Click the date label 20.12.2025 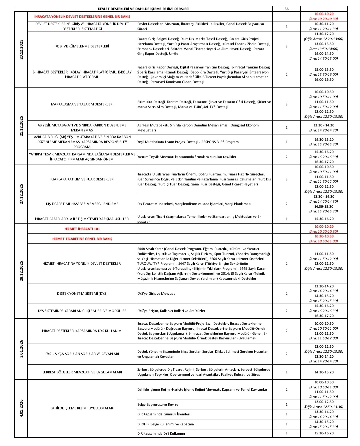(x=21, y=49)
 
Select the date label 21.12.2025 (x=21, y=126)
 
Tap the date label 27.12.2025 (x=21, y=194)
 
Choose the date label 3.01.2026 (x=21, y=349)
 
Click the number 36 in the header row (x=286, y=9)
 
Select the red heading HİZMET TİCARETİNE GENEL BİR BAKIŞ (x=82, y=239)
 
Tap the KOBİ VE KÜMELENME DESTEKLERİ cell (x=82, y=46)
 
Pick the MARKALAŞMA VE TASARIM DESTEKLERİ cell (x=82, y=104)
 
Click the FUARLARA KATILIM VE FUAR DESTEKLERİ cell (x=82, y=179)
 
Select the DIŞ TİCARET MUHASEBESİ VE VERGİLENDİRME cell (x=82, y=204)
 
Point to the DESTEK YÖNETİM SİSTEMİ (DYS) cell (x=82, y=294)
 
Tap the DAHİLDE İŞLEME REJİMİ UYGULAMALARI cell (x=82, y=408)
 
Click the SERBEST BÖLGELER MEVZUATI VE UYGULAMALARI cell (x=82, y=372)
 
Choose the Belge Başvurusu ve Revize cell (x=158, y=405)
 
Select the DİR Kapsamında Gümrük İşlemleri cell (x=164, y=414)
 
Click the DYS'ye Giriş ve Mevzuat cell (x=156, y=294)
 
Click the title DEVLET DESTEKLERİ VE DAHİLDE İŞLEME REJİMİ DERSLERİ (x=144, y=9)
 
